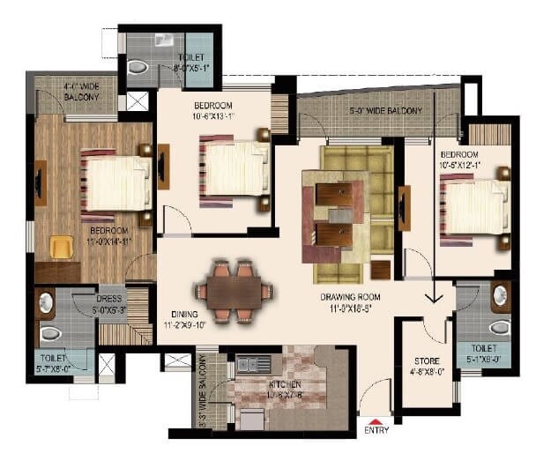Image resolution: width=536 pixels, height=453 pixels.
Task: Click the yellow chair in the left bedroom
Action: tap(61, 248)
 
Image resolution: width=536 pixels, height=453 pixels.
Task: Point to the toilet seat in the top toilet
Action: tap(138, 66)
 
